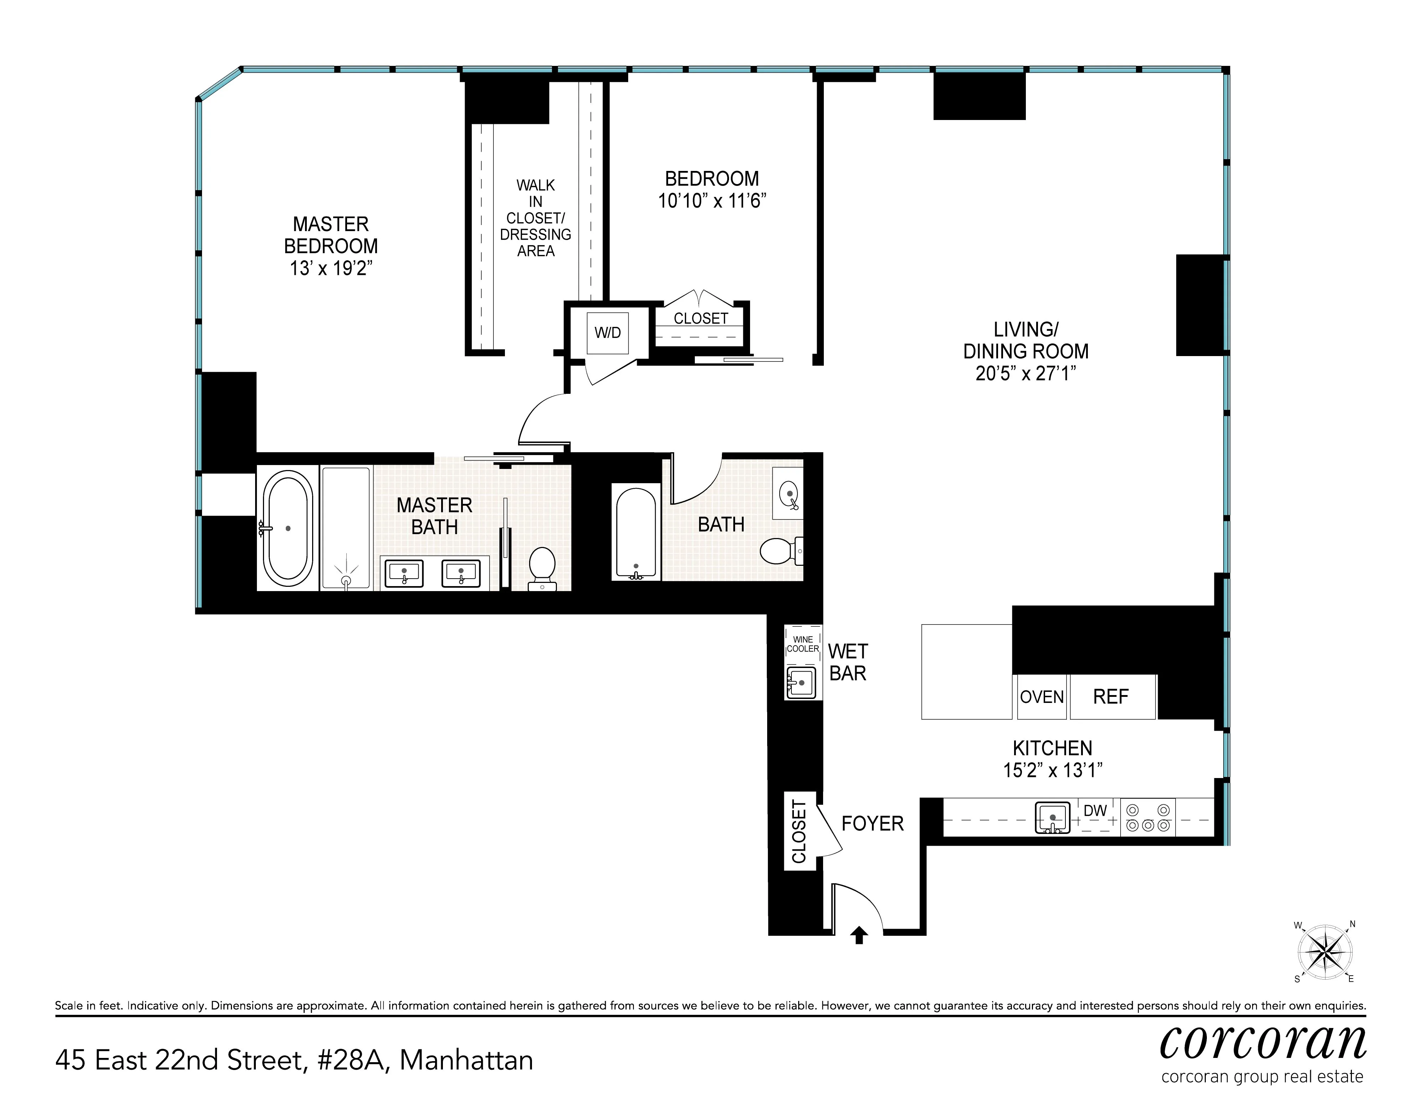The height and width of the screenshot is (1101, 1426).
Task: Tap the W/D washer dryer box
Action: point(607,333)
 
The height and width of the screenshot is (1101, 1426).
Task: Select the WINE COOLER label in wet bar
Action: point(802,644)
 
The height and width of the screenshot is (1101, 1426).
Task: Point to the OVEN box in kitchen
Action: point(1042,697)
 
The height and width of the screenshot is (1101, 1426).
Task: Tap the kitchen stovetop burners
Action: point(1148,817)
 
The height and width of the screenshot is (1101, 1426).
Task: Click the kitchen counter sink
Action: point(1053,817)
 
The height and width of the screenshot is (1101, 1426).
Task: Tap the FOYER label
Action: point(872,824)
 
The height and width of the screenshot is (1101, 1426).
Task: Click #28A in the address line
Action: point(353,1060)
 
